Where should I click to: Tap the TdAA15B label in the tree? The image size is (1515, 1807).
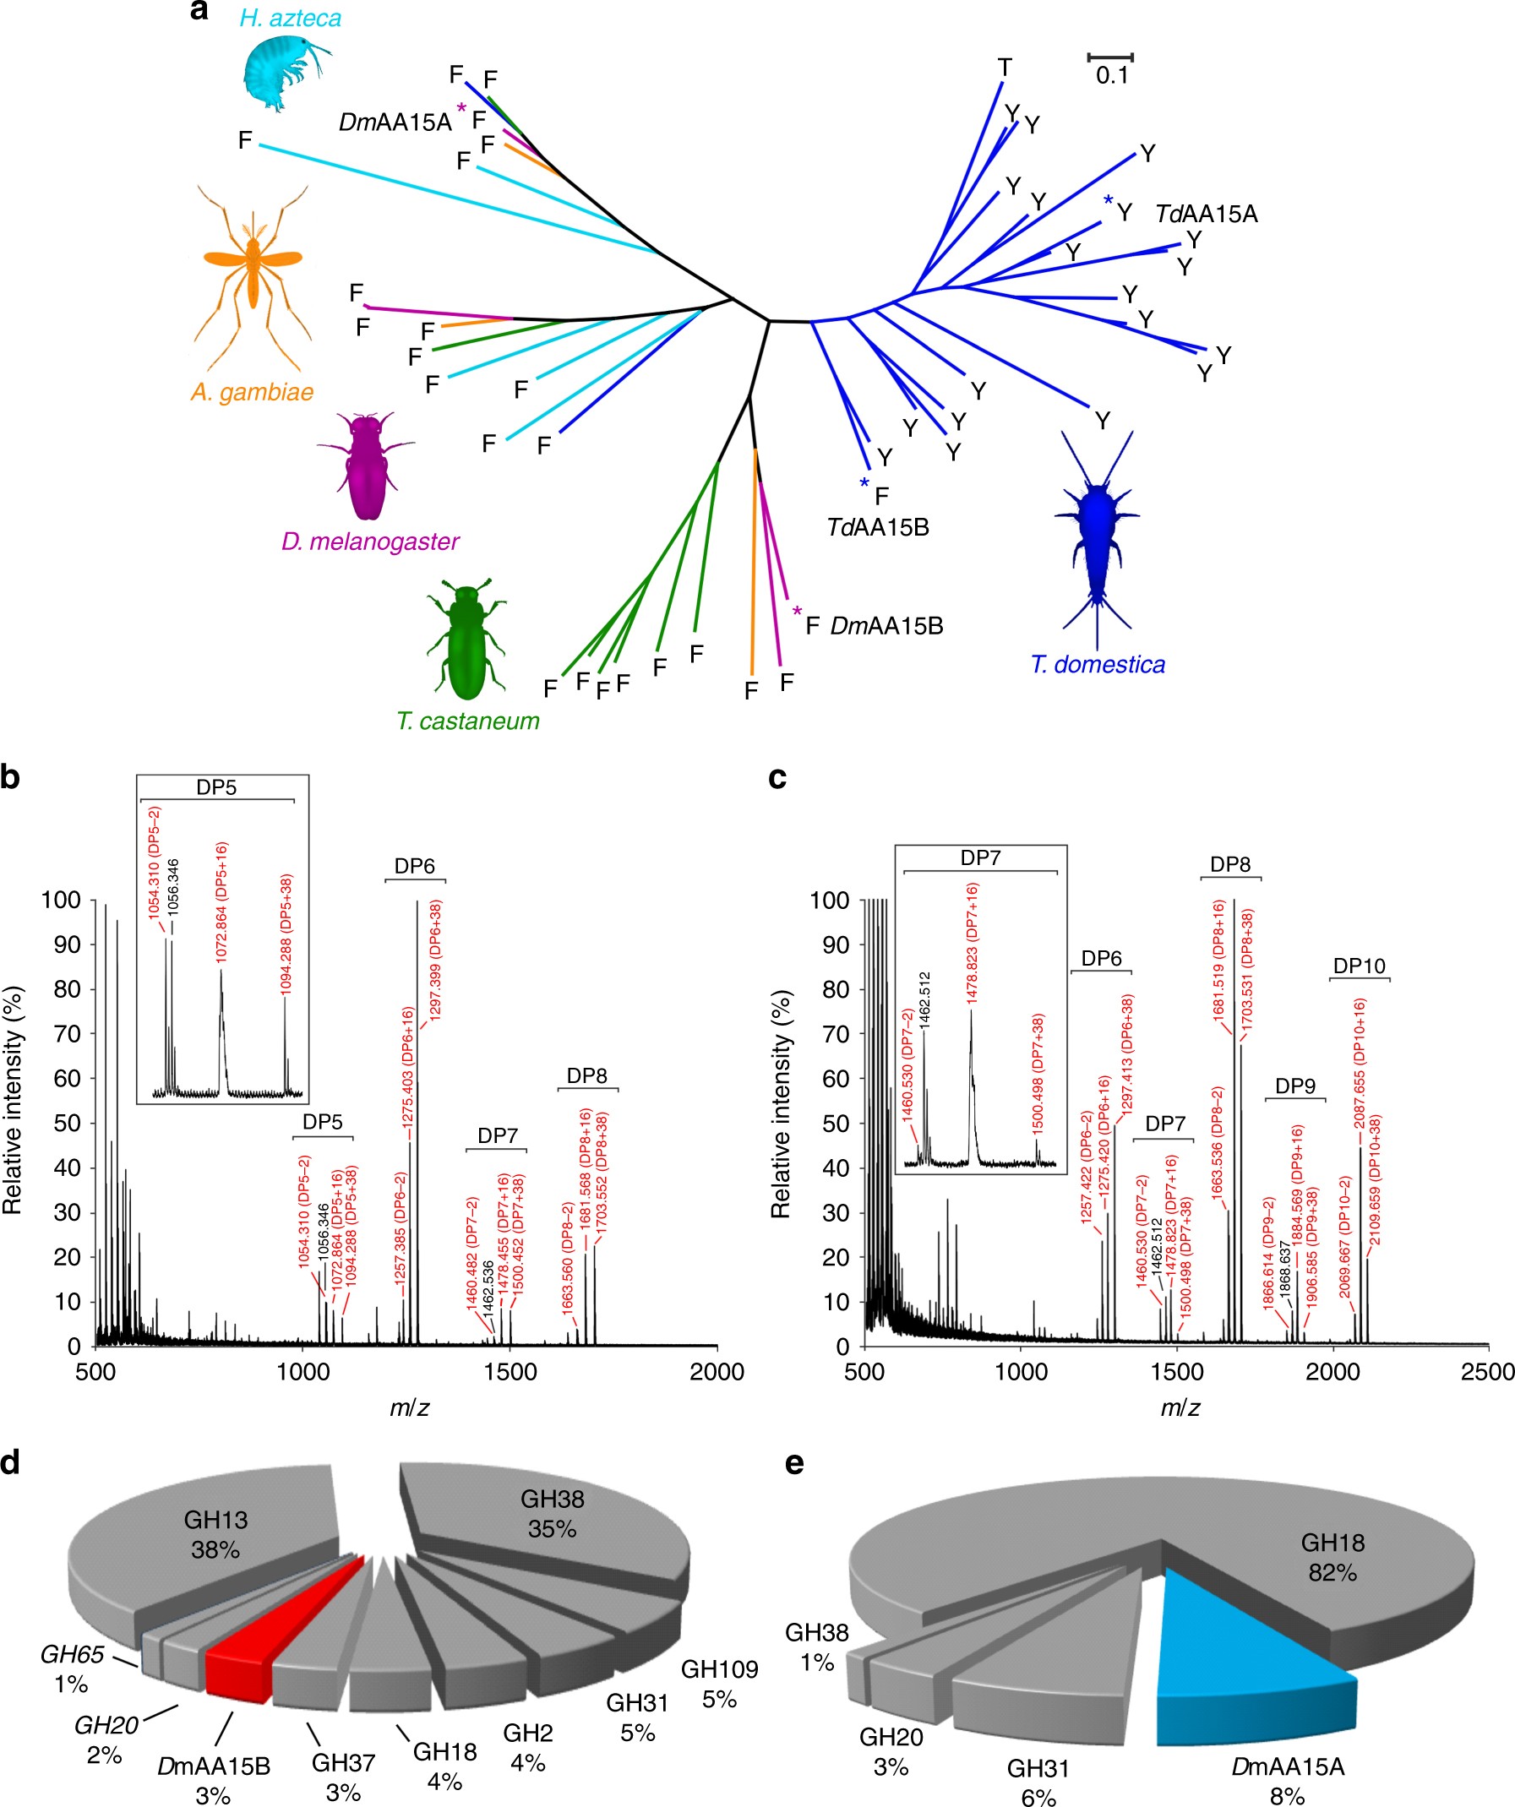877,527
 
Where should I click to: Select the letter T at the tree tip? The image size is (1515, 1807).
1005,66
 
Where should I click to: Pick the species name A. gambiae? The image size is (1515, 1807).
252,392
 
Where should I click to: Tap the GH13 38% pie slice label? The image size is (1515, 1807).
215,1534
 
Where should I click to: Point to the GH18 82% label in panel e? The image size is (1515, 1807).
1332,1558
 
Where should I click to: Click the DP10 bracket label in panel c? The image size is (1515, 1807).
1360,966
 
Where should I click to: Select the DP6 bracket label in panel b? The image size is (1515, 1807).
414,867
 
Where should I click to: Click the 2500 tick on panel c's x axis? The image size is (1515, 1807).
1487,1373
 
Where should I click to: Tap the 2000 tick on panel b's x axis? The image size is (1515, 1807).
717,1373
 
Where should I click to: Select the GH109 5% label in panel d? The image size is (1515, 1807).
720,1684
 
